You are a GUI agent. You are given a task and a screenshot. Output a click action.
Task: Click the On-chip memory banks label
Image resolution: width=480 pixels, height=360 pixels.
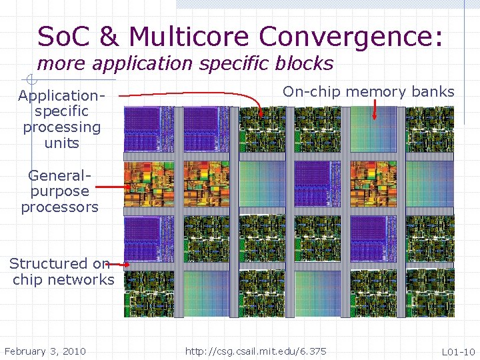pos(368,92)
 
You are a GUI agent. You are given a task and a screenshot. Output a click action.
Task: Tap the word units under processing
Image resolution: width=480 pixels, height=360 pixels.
pos(61,143)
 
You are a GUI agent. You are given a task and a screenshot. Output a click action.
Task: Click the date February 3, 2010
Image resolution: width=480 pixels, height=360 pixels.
pos(45,351)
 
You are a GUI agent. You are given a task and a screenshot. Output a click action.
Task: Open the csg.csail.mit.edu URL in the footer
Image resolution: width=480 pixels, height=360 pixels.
pos(256,351)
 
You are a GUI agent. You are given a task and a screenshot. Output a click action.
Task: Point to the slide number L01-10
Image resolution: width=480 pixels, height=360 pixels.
pos(458,351)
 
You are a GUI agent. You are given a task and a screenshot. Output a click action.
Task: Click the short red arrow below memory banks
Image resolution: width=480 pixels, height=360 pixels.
pos(375,109)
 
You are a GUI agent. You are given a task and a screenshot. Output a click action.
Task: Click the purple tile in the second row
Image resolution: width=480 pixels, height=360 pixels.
pos(312,184)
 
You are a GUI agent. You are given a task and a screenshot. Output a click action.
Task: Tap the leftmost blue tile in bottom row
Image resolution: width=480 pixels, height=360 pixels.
pos(208,293)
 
